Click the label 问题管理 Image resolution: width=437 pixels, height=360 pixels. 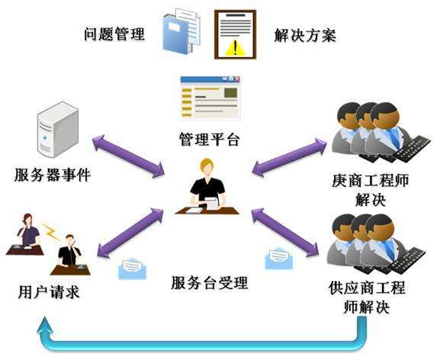114,34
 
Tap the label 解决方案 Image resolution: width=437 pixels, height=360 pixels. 305,35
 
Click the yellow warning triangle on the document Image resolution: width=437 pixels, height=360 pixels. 235,47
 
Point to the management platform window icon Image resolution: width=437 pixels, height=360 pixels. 210,98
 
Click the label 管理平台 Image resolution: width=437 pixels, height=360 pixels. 209,139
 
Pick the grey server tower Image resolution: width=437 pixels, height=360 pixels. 58,130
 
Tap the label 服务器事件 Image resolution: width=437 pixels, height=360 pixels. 53,175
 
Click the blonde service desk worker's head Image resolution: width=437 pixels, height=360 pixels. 207,167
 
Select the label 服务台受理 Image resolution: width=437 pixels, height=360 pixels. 209,282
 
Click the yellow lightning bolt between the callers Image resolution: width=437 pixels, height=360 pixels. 51,230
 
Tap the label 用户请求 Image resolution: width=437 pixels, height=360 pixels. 49,291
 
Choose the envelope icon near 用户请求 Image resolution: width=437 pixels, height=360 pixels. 132,269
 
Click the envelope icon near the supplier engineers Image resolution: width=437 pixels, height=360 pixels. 279,258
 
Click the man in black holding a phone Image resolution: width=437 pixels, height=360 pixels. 69,250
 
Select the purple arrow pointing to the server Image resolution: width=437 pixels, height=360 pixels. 128,156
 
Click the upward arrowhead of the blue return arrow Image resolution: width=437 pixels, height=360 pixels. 45,326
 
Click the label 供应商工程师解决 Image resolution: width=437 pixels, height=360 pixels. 367,297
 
